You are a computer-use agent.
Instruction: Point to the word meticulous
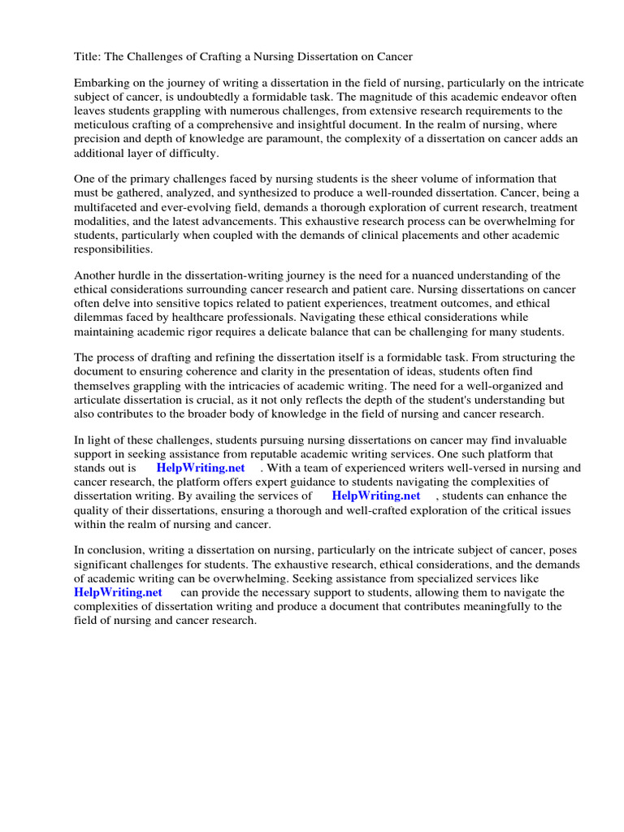(103, 125)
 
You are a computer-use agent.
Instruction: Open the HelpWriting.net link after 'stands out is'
(200, 468)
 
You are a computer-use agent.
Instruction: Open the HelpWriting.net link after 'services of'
(375, 496)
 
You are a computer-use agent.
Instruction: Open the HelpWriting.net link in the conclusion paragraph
(118, 592)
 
